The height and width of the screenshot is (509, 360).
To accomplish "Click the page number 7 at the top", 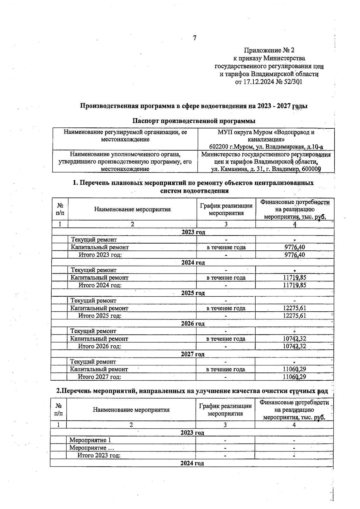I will [x=195, y=38].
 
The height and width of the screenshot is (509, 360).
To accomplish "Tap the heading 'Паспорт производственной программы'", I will [x=194, y=121].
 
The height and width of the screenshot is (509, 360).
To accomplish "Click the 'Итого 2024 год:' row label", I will [x=100, y=285].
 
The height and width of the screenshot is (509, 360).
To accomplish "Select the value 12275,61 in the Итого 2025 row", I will [x=294, y=316].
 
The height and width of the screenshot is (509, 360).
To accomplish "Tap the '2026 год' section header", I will [x=193, y=324].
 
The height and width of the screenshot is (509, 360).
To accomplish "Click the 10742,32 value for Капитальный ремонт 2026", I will [x=294, y=339].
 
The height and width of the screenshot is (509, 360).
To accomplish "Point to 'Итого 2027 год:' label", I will [x=99, y=377].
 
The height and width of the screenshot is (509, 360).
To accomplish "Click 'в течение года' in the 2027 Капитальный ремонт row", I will [x=226, y=370].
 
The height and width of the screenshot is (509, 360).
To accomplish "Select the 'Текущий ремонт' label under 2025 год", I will [x=93, y=301].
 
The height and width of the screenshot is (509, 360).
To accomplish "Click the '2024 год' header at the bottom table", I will [x=192, y=463].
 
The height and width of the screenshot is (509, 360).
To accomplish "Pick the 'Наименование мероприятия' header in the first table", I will [x=132, y=209].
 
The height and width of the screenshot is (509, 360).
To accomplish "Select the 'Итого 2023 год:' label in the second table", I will [x=99, y=456].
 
